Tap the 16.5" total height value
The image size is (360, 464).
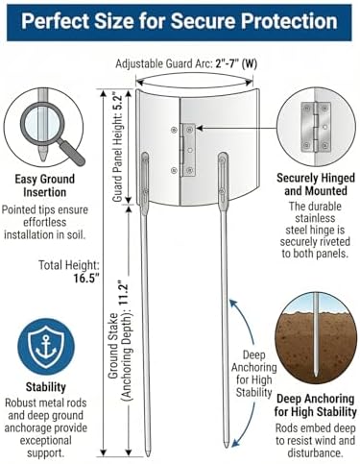[x=84, y=278]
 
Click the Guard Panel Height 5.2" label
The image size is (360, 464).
[x=117, y=147]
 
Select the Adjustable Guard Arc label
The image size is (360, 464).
[x=186, y=63]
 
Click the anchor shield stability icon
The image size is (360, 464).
[x=46, y=347]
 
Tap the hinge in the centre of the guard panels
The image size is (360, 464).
[x=188, y=150]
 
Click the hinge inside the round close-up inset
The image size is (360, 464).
[x=316, y=127]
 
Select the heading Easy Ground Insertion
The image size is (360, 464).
[x=45, y=185]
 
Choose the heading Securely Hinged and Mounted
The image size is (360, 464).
[x=316, y=184]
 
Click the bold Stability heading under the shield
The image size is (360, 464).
[x=46, y=387]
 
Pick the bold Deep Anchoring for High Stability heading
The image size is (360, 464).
[x=316, y=405]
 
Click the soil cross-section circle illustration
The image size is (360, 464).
[x=316, y=337]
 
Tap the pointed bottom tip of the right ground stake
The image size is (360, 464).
[x=227, y=447]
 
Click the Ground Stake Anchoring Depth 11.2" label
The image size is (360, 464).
[x=120, y=341]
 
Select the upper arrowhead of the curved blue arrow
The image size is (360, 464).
[x=233, y=303]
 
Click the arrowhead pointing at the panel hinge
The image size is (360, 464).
[x=200, y=128]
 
